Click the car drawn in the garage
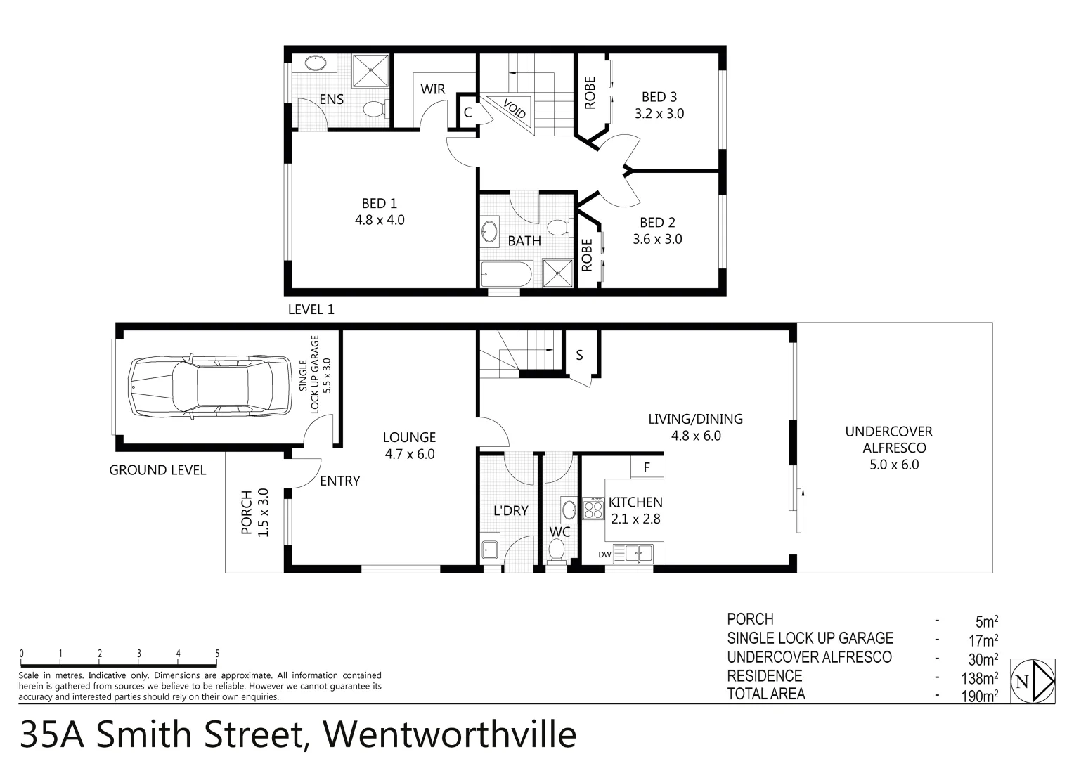(209, 386)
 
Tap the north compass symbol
(1032, 680)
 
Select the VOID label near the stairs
(515, 109)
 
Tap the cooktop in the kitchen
(594, 507)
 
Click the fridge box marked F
(647, 467)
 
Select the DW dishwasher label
(604, 554)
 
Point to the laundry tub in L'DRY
(490, 550)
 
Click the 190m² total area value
(981, 696)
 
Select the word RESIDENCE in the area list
(764, 676)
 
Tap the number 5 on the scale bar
(217, 654)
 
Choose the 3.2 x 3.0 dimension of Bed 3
(659, 113)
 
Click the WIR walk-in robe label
(432, 89)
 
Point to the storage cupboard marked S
(579, 355)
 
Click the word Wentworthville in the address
(449, 734)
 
